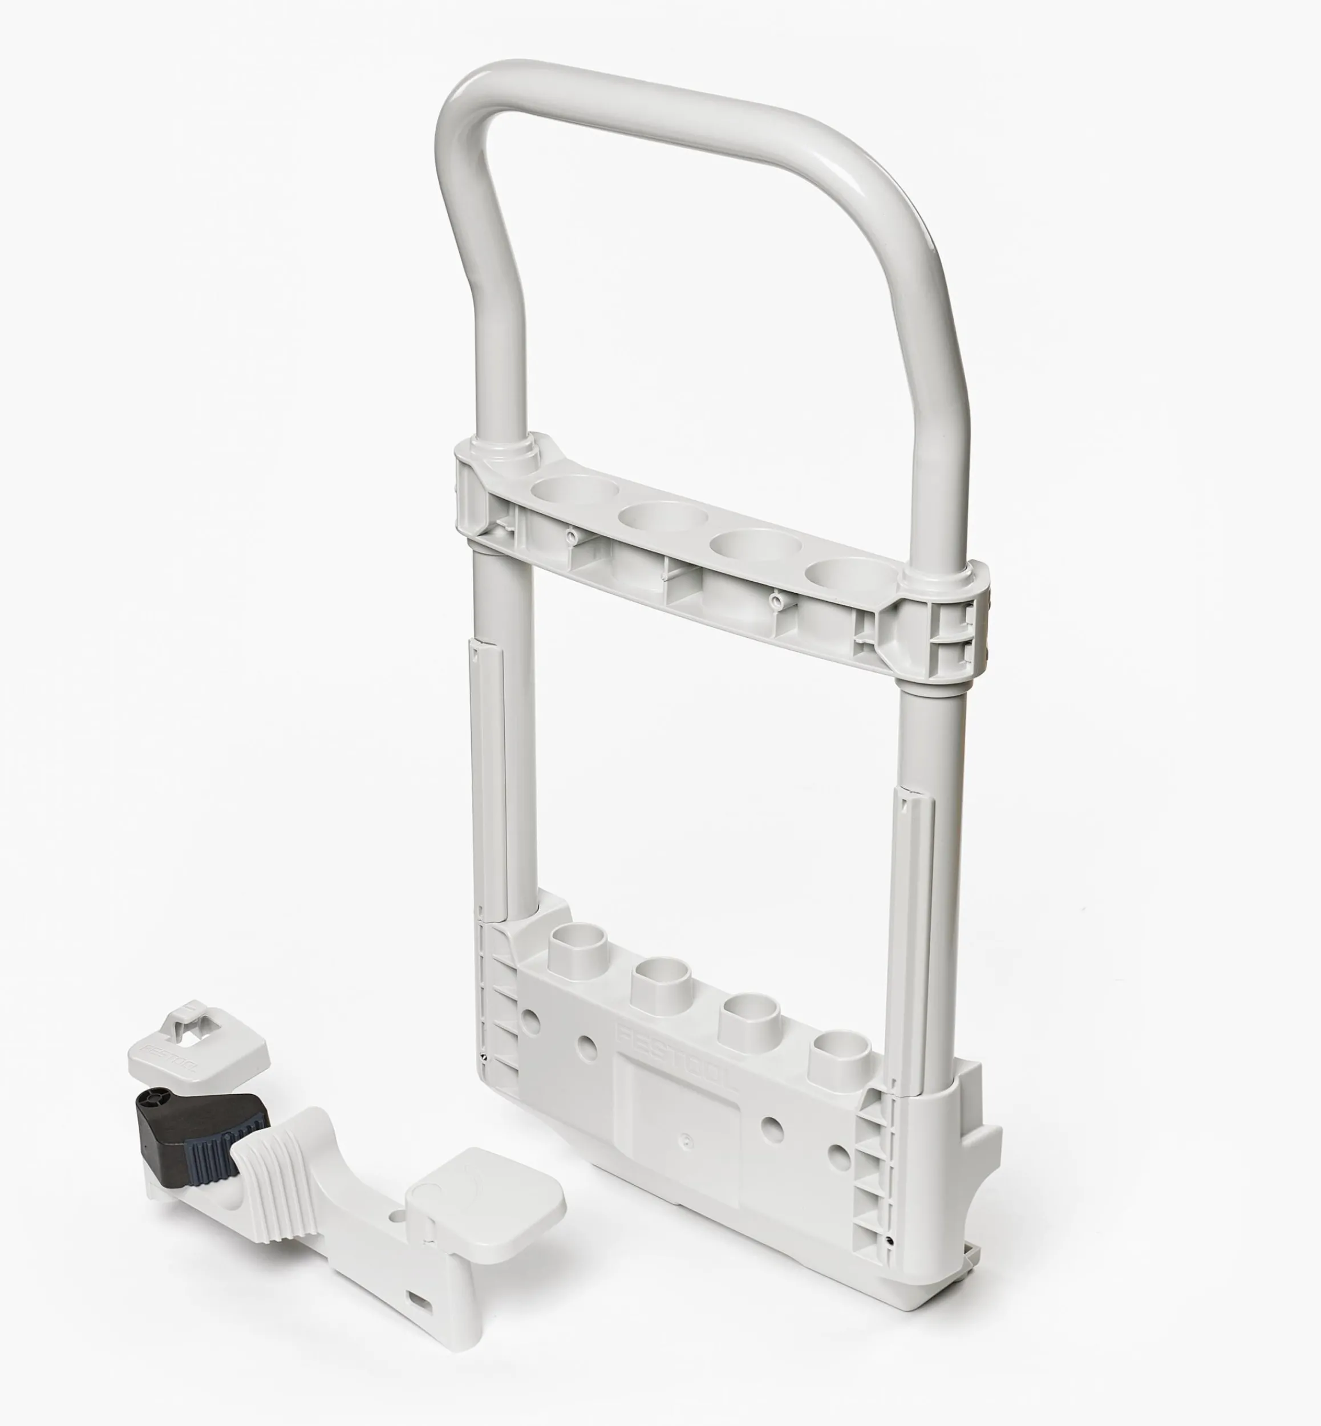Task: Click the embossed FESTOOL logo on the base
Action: coord(675,1063)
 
